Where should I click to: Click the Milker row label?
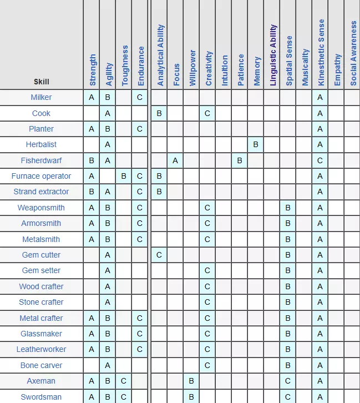(41, 97)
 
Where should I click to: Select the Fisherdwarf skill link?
(41, 160)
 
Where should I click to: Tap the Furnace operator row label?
(41, 176)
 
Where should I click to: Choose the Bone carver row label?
(41, 365)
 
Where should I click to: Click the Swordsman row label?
(41, 397)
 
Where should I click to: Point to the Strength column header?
(93, 70)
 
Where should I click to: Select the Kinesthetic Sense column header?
(321, 53)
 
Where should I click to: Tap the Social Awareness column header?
(353, 53)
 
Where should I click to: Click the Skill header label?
(41, 82)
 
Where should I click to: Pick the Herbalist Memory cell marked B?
(256, 144)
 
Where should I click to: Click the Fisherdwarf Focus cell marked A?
(175, 160)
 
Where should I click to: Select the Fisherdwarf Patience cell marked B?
(240, 160)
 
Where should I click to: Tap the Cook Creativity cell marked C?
(207, 113)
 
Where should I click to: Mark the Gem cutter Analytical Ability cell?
(159, 255)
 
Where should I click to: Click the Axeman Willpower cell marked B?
(191, 381)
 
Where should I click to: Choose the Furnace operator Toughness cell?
(124, 176)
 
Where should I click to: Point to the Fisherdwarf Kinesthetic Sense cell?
(320, 160)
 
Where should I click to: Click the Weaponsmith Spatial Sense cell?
(288, 208)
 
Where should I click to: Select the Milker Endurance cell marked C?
(140, 97)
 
